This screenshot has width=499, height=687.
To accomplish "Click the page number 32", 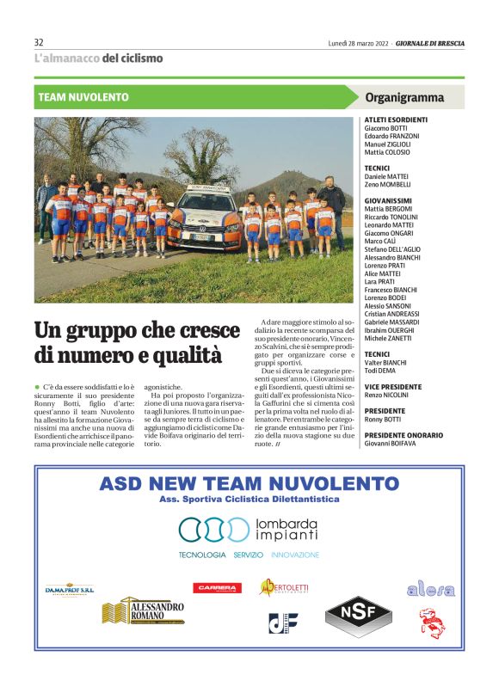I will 39,42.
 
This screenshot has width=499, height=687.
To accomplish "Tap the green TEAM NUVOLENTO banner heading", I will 83,98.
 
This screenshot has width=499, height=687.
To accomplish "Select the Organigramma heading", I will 404,98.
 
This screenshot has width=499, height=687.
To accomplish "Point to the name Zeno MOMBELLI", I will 388,184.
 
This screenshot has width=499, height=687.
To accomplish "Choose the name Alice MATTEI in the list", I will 385,273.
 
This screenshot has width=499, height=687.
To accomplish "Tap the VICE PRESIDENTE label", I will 393,387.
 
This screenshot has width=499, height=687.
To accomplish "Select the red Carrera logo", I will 217,588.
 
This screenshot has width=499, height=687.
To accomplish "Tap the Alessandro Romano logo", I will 144,612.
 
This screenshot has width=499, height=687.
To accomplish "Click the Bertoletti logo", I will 285,587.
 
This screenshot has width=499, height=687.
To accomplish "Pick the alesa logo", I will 430,589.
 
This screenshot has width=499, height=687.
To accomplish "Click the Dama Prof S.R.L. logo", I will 70,590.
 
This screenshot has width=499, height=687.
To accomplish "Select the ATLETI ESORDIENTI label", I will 397,119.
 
